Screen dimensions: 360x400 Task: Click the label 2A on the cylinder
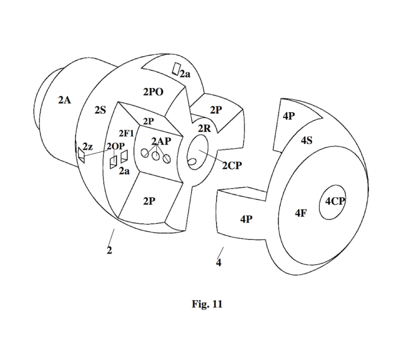[x=64, y=100]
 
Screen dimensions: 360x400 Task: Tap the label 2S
[x=100, y=110]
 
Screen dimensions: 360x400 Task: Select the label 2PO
[x=153, y=92]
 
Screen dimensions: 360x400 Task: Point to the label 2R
[x=204, y=129]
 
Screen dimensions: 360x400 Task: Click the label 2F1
[x=126, y=133]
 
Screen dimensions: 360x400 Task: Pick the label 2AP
[x=160, y=142]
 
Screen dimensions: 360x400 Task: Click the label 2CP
[x=232, y=165]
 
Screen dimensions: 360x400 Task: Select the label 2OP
[x=115, y=147]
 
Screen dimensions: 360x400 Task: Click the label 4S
[x=306, y=141]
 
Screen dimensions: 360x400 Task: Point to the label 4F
[x=301, y=213]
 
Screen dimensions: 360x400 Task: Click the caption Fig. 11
[x=207, y=304]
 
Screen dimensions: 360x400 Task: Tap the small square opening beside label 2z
[x=81, y=154]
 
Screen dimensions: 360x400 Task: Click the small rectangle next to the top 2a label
[x=176, y=69]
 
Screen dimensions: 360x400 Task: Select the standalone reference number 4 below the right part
[x=218, y=262]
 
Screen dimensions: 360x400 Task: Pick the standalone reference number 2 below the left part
[x=109, y=250]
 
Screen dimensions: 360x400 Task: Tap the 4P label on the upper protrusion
[x=289, y=116]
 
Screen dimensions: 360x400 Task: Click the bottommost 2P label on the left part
[x=149, y=201]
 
